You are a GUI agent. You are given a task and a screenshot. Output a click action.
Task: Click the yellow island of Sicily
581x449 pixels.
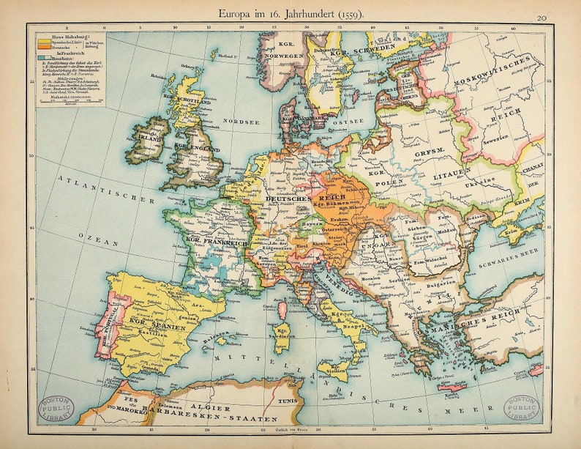331,368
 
